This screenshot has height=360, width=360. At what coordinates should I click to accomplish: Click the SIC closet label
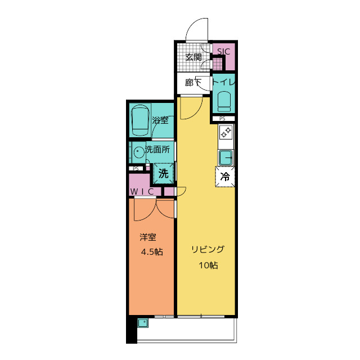tap(223, 51)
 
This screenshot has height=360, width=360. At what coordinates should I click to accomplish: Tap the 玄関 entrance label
tap(193, 57)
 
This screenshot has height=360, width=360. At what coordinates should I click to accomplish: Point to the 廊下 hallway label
tap(193, 83)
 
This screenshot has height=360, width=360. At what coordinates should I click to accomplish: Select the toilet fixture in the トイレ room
tap(224, 102)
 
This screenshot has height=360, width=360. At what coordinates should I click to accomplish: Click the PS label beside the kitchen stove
tap(222, 119)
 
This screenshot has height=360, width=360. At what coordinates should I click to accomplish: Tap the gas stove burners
tap(226, 133)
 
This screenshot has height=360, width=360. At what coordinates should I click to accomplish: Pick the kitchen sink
tap(226, 157)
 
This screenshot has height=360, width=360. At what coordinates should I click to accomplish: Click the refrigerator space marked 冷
tap(225, 177)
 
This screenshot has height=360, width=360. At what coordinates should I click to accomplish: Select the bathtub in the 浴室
tap(140, 120)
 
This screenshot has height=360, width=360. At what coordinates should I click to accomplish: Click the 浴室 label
tap(160, 120)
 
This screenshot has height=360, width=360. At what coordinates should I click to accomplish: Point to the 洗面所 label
tap(157, 150)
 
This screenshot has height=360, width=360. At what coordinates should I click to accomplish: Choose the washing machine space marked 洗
tap(164, 173)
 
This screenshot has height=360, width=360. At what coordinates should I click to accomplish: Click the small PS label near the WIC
tap(136, 169)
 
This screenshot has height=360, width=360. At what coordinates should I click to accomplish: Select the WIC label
tap(142, 192)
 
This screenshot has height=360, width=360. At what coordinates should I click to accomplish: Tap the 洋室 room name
tap(148, 237)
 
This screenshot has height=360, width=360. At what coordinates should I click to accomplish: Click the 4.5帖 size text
tap(152, 252)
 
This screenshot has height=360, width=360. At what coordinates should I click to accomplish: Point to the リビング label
tap(208, 250)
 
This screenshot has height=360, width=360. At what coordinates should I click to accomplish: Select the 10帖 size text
tap(208, 265)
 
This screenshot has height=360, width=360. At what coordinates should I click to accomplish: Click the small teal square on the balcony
tap(143, 322)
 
